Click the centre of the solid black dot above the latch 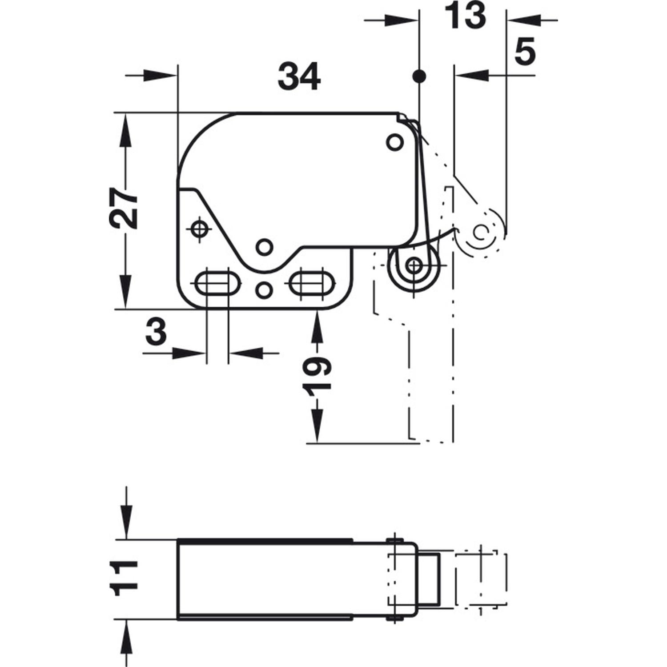point(419,76)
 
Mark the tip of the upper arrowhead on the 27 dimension point(126,113)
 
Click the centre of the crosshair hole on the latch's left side point(199,229)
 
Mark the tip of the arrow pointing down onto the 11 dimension point(127,539)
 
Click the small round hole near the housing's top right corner point(394,142)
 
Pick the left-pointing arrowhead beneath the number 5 point(471,76)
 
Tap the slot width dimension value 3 point(156,333)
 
